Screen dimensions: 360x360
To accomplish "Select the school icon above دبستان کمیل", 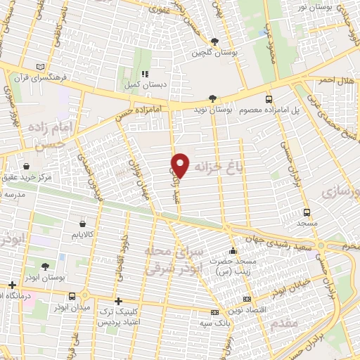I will tap(145, 74).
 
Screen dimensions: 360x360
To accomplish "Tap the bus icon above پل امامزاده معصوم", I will tap(269, 99).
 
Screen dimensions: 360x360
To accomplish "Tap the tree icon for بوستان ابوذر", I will tap(46, 266).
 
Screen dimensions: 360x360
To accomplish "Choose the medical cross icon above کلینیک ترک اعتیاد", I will tap(117, 301).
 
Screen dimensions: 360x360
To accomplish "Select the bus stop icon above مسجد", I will tap(307, 212).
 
